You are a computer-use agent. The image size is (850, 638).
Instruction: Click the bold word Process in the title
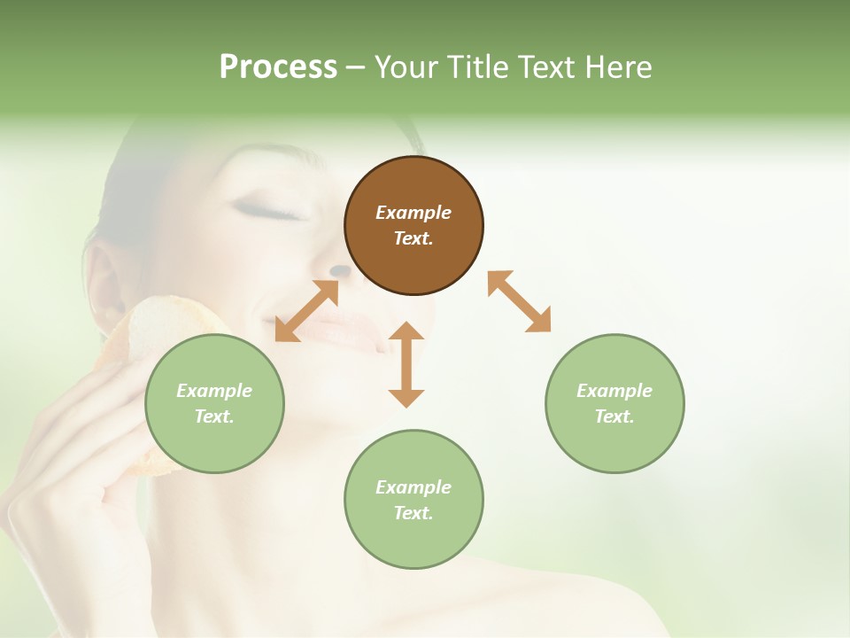(x=278, y=67)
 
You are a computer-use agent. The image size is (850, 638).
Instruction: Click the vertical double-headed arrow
(x=406, y=364)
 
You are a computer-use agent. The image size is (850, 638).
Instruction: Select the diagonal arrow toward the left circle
(x=306, y=311)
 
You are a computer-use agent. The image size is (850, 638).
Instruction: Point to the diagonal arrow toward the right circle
(x=519, y=301)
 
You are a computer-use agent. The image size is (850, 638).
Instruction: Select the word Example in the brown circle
(x=413, y=213)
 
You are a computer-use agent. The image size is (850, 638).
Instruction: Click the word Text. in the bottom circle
(x=413, y=513)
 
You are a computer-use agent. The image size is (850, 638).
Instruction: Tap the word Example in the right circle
(x=614, y=391)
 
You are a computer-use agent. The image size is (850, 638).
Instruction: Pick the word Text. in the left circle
(x=214, y=416)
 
